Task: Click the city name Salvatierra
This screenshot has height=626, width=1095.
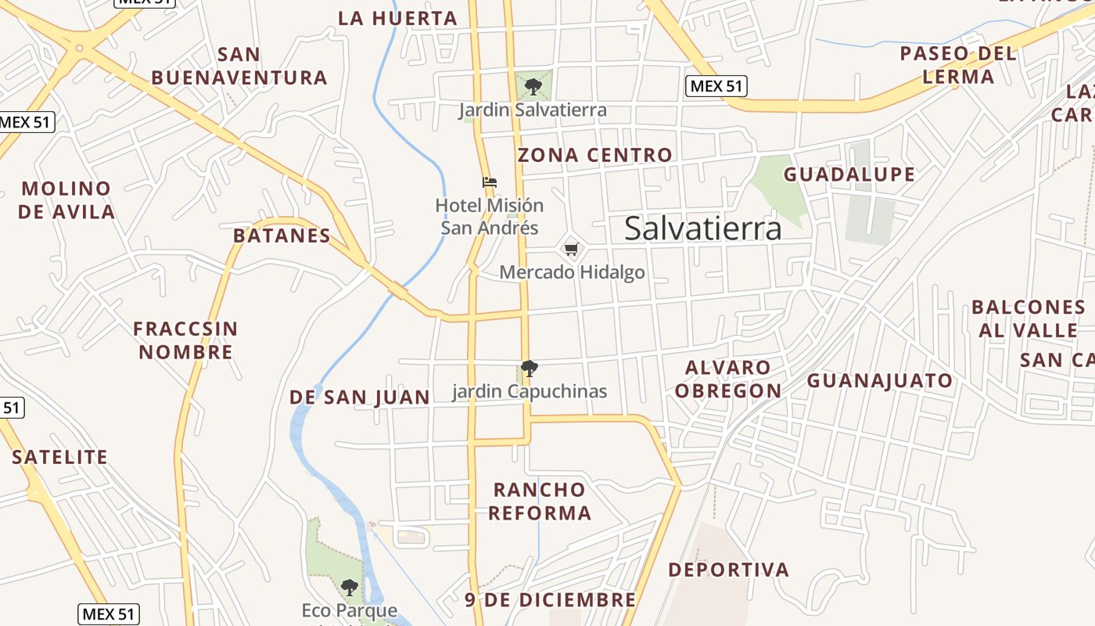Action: tap(702, 228)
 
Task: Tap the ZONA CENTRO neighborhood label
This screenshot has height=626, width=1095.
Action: tap(594, 155)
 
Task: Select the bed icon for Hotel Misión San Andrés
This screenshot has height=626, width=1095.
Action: tap(490, 182)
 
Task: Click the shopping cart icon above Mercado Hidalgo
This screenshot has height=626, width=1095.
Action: tap(571, 250)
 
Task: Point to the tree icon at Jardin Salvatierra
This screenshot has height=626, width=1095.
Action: tap(533, 86)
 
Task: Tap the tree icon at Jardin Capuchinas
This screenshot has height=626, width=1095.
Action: tap(530, 368)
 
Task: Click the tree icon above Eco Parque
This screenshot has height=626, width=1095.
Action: tap(350, 587)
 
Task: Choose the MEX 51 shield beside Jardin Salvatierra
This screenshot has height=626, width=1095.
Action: tap(716, 86)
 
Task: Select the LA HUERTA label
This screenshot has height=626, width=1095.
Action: tap(397, 18)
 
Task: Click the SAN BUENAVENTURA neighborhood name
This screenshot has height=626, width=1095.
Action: tap(239, 66)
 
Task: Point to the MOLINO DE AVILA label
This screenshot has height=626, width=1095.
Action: tap(66, 200)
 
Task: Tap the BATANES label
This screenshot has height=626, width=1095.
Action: tap(282, 236)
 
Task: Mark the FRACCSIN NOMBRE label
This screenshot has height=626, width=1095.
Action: tap(185, 340)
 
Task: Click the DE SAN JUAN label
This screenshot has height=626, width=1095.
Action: tap(359, 398)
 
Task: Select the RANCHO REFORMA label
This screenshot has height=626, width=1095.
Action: tap(540, 502)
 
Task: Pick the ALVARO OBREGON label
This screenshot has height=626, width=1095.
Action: tap(728, 379)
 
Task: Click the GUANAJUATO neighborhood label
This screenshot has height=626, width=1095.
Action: tap(880, 381)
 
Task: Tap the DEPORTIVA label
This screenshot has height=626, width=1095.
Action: tap(728, 570)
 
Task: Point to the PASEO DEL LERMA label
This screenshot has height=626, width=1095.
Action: tap(958, 65)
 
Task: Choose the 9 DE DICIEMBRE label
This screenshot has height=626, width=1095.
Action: tap(550, 600)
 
